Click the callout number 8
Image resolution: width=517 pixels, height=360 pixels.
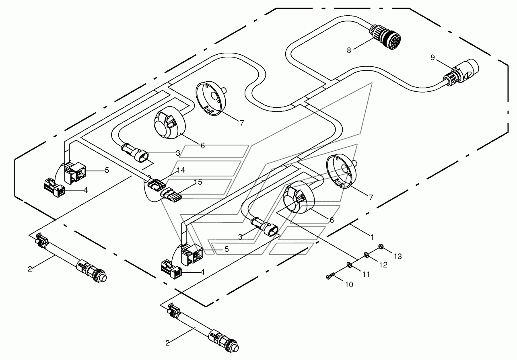(349, 50)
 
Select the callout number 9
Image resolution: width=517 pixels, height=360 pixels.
(433, 58)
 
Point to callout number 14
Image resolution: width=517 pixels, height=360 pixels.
(181, 170)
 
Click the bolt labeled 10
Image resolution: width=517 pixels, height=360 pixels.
(330, 276)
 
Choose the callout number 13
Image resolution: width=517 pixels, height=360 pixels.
(398, 256)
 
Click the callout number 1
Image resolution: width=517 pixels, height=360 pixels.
(372, 235)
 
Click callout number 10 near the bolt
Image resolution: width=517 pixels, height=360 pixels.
(349, 284)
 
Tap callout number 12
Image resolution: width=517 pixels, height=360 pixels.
(383, 265)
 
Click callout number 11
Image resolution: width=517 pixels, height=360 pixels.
(366, 274)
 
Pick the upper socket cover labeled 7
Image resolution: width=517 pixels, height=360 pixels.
(212, 99)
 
